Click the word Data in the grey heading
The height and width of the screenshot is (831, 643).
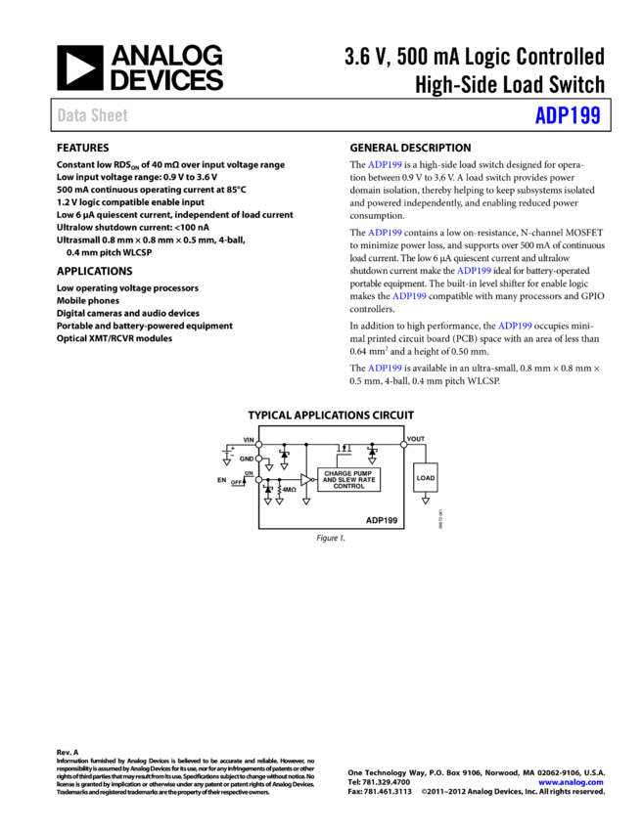point(71,115)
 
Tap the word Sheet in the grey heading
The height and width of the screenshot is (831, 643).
point(110,115)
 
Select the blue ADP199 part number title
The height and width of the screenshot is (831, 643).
point(568,115)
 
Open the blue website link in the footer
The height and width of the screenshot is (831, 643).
point(571,782)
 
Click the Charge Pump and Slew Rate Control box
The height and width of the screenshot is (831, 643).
point(348,479)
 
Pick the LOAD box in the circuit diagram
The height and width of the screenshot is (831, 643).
point(426,478)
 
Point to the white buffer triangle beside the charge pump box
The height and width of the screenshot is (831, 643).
point(305,479)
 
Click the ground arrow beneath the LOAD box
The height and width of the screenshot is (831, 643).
point(426,501)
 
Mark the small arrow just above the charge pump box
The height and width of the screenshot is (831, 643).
point(372,460)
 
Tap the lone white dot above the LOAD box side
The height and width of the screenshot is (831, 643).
point(403,445)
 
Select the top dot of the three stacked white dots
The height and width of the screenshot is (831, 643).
point(258,445)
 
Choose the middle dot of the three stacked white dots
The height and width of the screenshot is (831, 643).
point(258,459)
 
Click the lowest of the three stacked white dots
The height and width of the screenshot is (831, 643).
point(258,480)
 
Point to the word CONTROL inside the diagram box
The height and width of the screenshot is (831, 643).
point(348,486)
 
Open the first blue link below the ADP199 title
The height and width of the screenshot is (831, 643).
point(385,165)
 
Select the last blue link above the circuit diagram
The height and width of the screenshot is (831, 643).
point(385,369)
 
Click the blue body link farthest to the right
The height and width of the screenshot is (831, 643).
point(515,326)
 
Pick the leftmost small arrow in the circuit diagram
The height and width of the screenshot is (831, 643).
point(226,461)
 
